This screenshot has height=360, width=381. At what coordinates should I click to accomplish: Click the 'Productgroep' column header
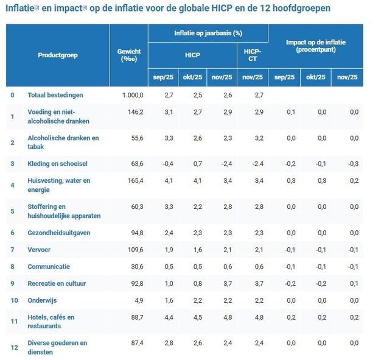(58, 55)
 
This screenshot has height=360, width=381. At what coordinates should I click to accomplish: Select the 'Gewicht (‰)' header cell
(128, 55)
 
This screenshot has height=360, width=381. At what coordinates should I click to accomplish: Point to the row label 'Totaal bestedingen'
(55, 95)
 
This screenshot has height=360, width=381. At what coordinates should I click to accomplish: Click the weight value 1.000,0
(131, 95)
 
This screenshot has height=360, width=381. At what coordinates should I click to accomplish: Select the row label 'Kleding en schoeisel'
(58, 163)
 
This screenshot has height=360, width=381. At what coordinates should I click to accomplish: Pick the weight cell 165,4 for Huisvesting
(134, 180)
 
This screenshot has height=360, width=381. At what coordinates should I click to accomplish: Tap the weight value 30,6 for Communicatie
(136, 266)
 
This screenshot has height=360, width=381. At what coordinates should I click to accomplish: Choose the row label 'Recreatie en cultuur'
(57, 283)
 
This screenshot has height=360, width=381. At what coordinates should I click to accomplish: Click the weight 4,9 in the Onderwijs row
(138, 300)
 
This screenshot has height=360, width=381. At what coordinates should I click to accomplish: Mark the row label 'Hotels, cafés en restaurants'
(51, 321)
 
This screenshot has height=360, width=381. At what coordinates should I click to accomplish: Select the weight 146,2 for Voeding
(134, 112)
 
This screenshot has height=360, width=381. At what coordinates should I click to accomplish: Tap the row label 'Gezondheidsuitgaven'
(58, 232)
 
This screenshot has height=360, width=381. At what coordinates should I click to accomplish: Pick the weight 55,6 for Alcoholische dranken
(136, 138)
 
